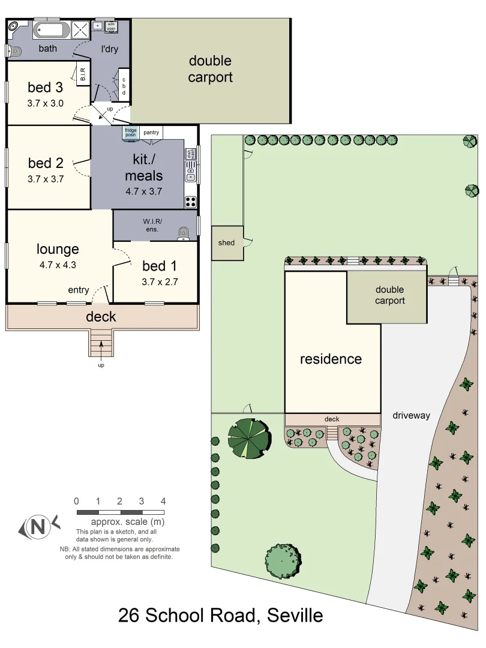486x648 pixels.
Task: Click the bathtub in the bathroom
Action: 50,30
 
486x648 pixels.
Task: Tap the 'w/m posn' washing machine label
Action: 112,26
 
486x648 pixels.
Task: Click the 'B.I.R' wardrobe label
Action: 83,74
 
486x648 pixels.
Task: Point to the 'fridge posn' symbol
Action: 131,133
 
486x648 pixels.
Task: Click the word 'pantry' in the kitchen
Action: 151,133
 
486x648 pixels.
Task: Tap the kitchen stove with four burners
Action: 191,202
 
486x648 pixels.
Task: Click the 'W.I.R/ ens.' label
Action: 152,225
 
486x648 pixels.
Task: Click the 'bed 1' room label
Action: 160,266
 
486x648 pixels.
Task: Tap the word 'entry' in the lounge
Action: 79,290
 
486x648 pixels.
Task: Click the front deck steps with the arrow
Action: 101,344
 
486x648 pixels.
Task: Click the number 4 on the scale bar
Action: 163,501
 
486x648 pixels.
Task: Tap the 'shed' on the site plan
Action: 227,243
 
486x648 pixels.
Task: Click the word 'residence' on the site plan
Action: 331,359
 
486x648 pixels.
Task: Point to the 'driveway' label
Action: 411,415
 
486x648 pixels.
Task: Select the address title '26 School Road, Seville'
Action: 221,616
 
